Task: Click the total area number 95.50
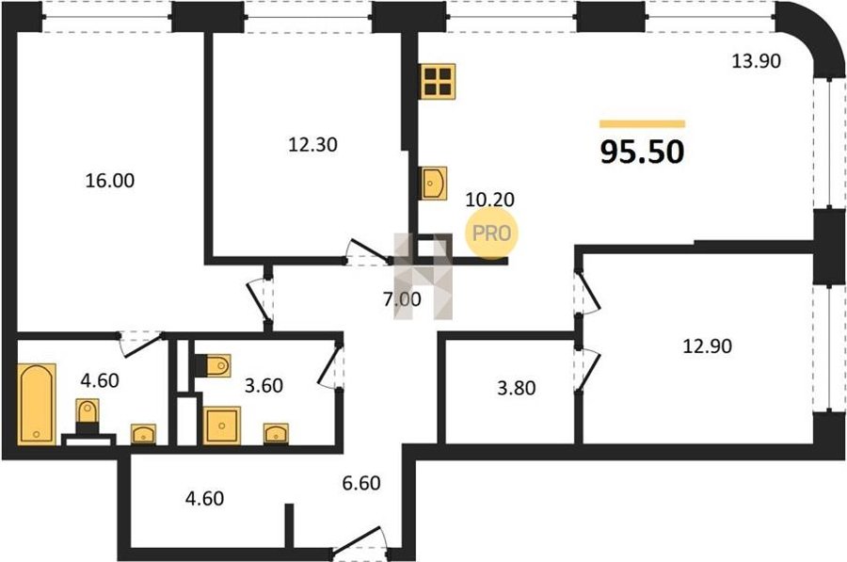click(642, 152)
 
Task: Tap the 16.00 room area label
click(110, 181)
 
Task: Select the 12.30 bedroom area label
click(312, 144)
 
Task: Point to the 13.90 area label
click(757, 61)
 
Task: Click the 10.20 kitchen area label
click(490, 200)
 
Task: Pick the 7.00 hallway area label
click(402, 298)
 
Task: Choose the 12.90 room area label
click(708, 345)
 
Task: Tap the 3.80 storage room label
click(517, 388)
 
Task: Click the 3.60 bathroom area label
click(264, 385)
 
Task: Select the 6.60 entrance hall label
click(361, 483)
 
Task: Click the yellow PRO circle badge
click(491, 233)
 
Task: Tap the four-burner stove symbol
click(438, 81)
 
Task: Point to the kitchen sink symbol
click(434, 184)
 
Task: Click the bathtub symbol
click(37, 404)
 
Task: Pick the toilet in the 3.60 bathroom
click(217, 366)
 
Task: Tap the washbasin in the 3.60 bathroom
click(276, 433)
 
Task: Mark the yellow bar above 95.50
click(642, 123)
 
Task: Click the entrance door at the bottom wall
click(359, 541)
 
